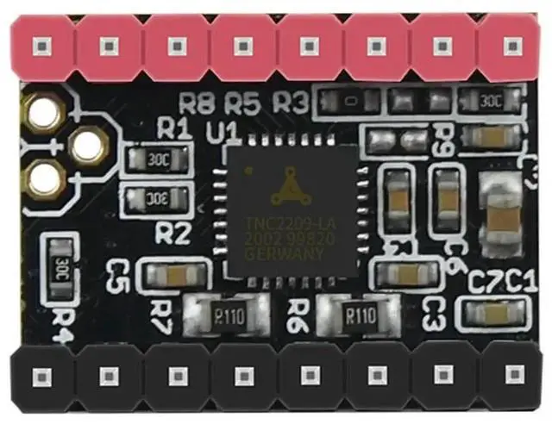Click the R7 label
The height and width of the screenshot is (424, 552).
click(160, 309)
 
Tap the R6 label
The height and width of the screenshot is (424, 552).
click(298, 309)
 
